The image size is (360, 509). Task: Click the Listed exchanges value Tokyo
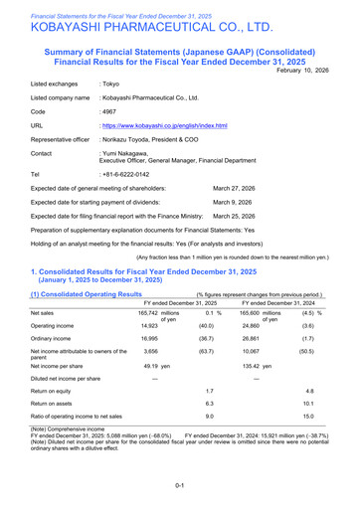coord(111,85)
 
